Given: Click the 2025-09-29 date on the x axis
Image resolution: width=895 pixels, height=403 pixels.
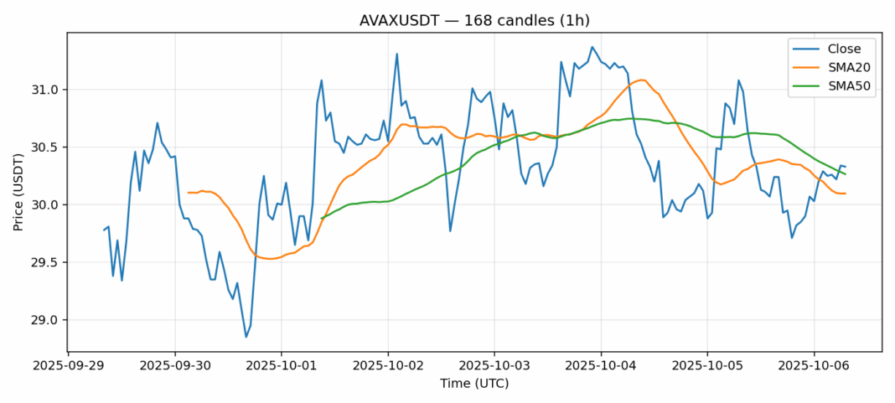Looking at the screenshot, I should tap(69, 365).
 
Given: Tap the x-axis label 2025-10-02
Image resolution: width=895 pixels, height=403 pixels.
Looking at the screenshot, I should tap(388, 365).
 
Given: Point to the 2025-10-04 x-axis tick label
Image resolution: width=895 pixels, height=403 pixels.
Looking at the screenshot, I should tap(601, 365).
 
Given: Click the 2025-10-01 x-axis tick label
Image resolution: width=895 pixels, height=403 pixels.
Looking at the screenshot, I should tap(282, 365).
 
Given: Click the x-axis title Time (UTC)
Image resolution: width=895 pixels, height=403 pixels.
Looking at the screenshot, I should tap(474, 384).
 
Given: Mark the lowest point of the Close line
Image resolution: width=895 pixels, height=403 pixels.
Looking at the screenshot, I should tap(246, 337).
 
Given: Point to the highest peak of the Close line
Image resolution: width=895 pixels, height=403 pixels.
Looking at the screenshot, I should tap(592, 47).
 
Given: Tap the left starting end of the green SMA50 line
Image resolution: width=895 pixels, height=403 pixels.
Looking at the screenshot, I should tap(322, 219).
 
